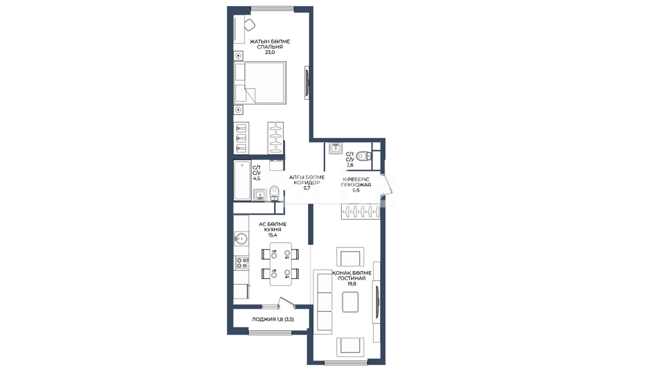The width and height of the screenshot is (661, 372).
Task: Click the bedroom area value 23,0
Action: pyautogui.click(x=270, y=52)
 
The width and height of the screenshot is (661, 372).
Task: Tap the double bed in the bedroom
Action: pyautogui.click(x=260, y=83)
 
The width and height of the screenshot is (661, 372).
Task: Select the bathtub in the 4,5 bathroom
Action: pyautogui.click(x=242, y=180)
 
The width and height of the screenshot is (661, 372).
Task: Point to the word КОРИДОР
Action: pyautogui.click(x=307, y=183)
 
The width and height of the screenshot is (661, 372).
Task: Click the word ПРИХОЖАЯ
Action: pyautogui.click(x=356, y=185)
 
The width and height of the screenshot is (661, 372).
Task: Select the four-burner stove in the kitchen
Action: pyautogui.click(x=242, y=263)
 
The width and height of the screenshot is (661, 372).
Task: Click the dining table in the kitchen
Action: pyautogui.click(x=281, y=264)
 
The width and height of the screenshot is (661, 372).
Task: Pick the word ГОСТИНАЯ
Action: pyautogui.click(x=352, y=278)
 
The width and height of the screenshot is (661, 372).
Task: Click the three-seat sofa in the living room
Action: pyautogui.click(x=323, y=302)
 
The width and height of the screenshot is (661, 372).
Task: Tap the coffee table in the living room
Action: pyautogui.click(x=350, y=302)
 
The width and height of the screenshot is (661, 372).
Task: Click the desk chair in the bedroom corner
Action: pyautogui.click(x=250, y=25)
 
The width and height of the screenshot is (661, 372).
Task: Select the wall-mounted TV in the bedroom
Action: pyautogui.click(x=307, y=83)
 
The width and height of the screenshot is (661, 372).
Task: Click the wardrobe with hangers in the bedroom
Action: pyautogui.click(x=276, y=138)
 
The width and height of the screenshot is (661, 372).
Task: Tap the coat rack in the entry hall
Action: pyautogui.click(x=361, y=211)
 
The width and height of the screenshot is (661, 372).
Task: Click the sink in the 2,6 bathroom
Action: pyautogui.click(x=335, y=148)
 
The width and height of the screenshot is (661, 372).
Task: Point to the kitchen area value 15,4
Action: pyautogui.click(x=273, y=235)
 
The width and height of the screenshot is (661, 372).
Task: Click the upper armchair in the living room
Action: pyautogui.click(x=350, y=257)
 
